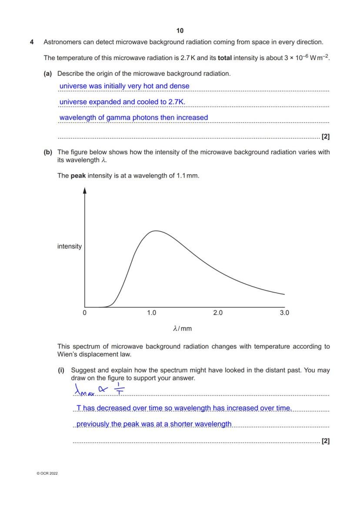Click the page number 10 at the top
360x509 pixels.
point(180,30)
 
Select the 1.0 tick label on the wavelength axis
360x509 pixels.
point(151,313)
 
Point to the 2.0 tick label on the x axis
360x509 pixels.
point(218,313)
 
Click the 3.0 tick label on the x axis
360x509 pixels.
point(284,313)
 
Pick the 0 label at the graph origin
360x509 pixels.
point(85,313)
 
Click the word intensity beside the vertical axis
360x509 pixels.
point(70,246)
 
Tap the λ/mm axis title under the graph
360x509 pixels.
point(182,329)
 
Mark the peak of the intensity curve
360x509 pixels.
point(155,231)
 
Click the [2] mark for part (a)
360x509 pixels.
point(325,137)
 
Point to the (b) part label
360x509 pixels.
point(48,152)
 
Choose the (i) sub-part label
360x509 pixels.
point(61,370)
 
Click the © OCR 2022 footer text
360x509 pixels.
point(47,473)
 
